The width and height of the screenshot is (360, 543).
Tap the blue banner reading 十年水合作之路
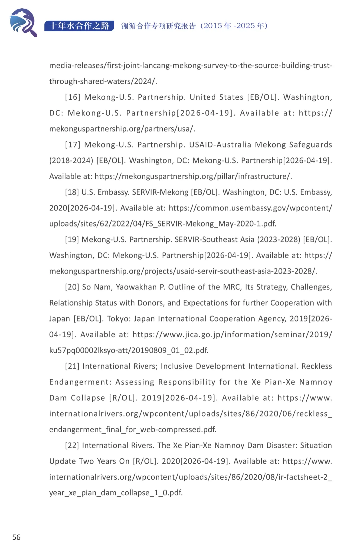coord(79,26)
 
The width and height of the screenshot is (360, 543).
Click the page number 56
coord(16,537)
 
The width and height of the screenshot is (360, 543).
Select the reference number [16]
coord(73,97)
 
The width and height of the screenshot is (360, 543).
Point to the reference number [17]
coord(73,144)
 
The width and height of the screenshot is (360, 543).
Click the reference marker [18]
coord(72,192)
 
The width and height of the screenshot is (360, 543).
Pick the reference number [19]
coord(72,239)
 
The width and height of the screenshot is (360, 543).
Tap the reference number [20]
coord(72,287)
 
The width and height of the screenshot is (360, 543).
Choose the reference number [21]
coord(72,366)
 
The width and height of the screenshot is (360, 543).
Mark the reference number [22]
coord(72,445)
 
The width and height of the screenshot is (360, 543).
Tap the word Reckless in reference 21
coord(316,366)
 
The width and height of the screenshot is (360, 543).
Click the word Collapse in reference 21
coord(88,398)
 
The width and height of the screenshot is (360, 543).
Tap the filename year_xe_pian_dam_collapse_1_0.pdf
coord(116,493)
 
